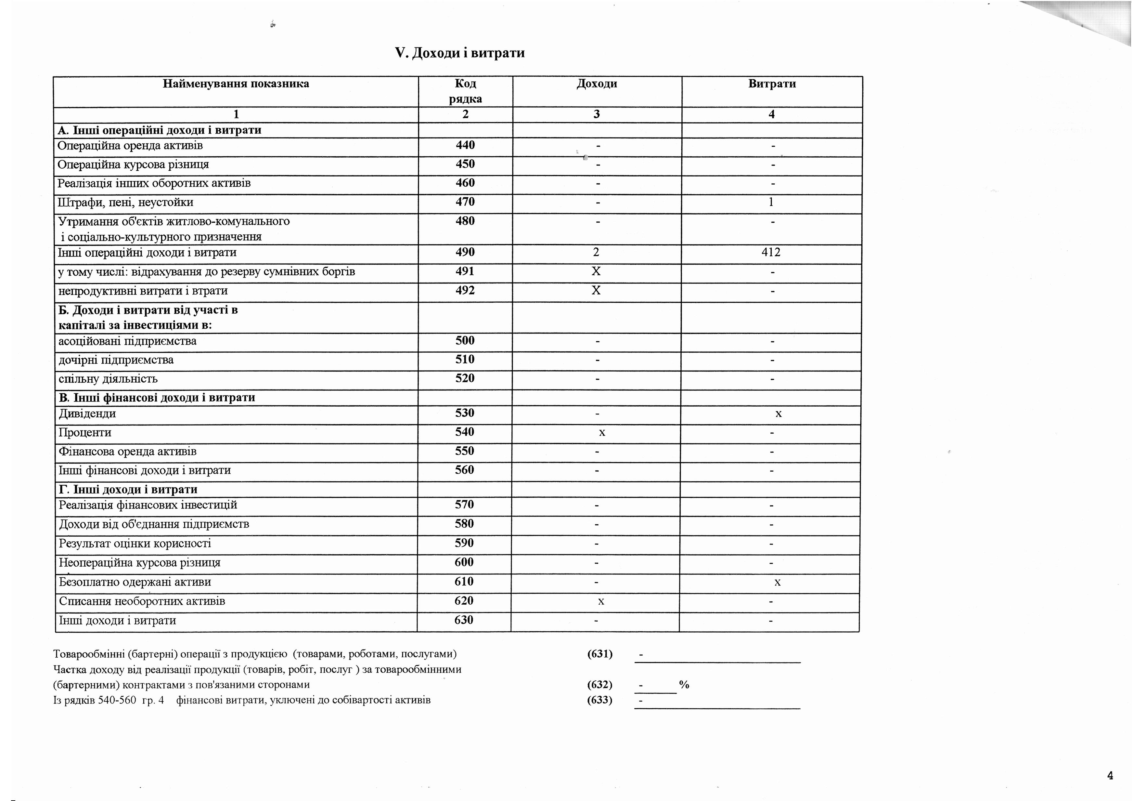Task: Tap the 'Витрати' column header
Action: coord(772,84)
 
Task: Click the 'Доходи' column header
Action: coord(597,84)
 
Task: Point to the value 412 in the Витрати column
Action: coord(771,253)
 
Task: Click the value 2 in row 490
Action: coord(596,253)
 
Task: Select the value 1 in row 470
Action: coord(771,202)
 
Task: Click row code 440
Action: coord(465,145)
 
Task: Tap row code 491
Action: coord(465,271)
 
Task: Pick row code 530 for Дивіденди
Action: coord(464,413)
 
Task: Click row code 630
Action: coord(463,620)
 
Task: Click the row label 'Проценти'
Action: coord(85,433)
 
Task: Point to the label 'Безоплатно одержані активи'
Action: coord(135,582)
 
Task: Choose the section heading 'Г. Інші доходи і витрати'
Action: coord(128,490)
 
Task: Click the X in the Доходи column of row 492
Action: coord(596,291)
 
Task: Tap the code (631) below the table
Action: coord(599,654)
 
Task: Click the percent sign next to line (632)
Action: coord(684,685)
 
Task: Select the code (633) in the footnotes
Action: coord(599,700)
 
